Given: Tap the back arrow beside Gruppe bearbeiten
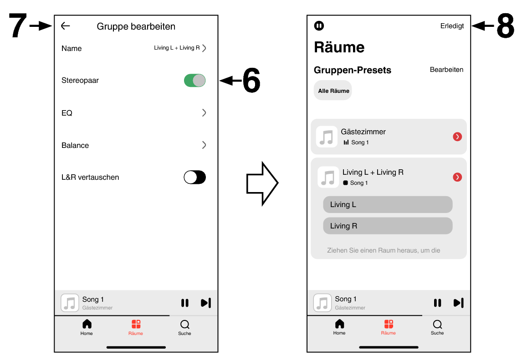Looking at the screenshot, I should [x=66, y=26].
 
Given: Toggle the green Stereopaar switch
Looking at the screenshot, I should [x=194, y=81].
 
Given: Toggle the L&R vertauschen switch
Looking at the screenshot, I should [x=194, y=177].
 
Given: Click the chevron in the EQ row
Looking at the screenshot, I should [x=204, y=113].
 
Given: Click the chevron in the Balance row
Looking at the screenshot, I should [x=204, y=145].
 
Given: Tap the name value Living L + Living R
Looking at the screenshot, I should [x=177, y=48].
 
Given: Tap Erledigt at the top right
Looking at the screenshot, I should [x=452, y=26].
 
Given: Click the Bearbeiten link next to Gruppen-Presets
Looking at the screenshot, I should [x=446, y=70].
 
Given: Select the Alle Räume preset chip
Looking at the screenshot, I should [x=333, y=91].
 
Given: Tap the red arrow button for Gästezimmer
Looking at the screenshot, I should [x=457, y=137].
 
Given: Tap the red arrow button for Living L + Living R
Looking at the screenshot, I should [x=457, y=177].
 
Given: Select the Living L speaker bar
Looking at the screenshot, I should [x=388, y=204].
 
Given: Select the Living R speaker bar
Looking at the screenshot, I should [x=388, y=226].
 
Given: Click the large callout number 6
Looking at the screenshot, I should [x=251, y=81].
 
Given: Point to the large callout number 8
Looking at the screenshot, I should [x=506, y=26].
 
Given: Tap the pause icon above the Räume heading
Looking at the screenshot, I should [x=319, y=26].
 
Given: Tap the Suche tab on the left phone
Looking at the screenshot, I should [x=184, y=327].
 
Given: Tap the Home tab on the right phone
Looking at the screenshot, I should [x=339, y=327].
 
